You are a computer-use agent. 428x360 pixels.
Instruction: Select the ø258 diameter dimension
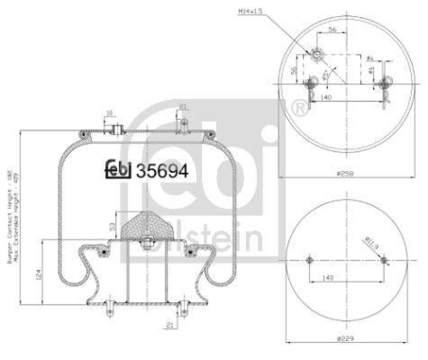[347, 173]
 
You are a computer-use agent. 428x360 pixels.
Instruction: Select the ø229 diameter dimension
[346, 339]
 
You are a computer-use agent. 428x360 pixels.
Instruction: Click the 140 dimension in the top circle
[327, 97]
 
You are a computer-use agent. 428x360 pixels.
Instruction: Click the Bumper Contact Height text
[10, 225]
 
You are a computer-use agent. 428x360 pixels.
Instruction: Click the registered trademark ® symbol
[300, 109]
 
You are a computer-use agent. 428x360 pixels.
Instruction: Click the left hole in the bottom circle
[309, 261]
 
